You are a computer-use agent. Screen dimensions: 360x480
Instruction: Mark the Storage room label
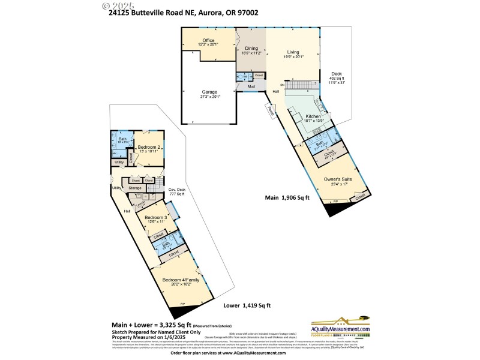tap(134, 188)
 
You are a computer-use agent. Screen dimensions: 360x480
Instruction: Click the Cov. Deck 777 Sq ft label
tap(176, 192)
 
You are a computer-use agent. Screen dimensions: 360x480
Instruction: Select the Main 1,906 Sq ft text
tap(287, 197)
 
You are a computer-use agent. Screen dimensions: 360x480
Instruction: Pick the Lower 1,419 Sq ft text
tap(247, 305)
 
